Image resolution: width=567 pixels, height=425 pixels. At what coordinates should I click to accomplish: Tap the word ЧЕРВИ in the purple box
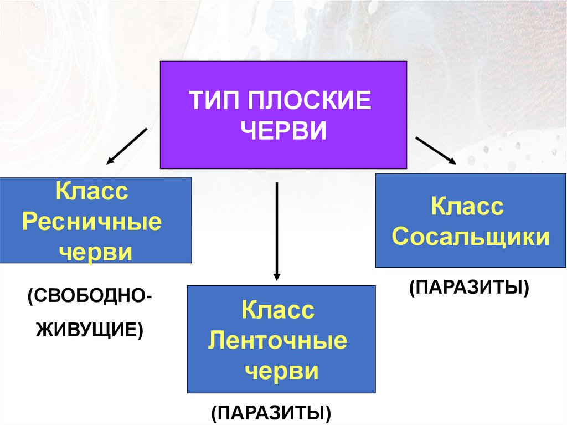point(286,131)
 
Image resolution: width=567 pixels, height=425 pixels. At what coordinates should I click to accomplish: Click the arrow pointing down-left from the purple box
point(127,146)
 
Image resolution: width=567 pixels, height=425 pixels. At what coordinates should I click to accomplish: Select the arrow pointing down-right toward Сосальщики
point(435,150)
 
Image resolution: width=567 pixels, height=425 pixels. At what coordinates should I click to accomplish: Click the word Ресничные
point(92,223)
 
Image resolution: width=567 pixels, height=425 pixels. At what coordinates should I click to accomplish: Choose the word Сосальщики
point(471,237)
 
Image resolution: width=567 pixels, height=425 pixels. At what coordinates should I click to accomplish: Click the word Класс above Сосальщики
point(468,207)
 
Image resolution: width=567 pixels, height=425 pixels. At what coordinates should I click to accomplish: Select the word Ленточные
point(278,340)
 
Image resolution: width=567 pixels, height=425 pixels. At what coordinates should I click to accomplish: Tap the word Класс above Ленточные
point(278,310)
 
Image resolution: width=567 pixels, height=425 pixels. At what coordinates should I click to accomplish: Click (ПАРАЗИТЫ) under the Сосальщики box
point(470,288)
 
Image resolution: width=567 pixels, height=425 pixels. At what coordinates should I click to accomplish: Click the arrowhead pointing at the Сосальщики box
point(452,161)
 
